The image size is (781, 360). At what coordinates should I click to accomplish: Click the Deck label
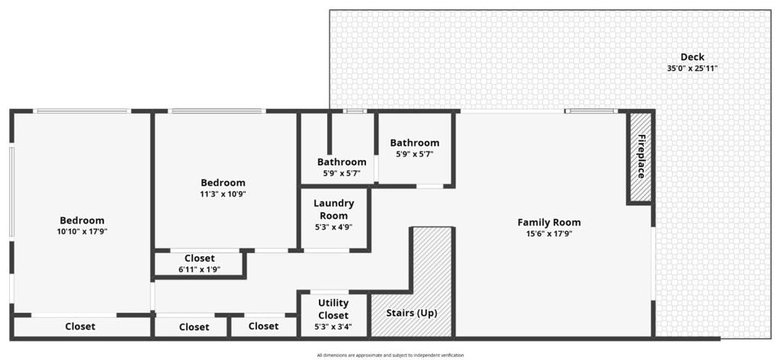click(x=692, y=57)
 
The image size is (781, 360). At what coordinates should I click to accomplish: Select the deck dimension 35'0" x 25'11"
click(x=692, y=68)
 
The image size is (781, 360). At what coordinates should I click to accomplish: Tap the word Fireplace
click(x=641, y=156)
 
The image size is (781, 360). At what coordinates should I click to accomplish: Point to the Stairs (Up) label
click(x=413, y=313)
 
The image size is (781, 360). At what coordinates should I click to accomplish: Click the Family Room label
click(x=548, y=223)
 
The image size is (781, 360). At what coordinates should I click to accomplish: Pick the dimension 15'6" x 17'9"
click(x=548, y=234)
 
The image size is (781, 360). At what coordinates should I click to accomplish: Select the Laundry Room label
click(x=334, y=209)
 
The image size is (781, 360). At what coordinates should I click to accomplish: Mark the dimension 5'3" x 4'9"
click(x=334, y=227)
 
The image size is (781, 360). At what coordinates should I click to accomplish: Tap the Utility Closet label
click(x=333, y=309)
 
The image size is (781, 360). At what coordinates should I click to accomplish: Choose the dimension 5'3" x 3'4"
click(x=333, y=328)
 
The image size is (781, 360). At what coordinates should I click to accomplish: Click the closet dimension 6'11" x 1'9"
click(x=199, y=269)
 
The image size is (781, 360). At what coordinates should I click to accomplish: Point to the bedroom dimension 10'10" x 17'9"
click(x=82, y=232)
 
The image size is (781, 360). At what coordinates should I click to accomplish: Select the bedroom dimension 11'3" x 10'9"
click(x=223, y=194)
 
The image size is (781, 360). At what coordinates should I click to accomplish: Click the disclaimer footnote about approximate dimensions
click(x=390, y=355)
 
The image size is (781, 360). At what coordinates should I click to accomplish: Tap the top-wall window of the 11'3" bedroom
click(x=217, y=111)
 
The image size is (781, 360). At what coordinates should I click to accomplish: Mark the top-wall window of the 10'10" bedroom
click(x=82, y=111)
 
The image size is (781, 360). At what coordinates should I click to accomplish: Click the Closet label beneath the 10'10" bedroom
click(x=80, y=326)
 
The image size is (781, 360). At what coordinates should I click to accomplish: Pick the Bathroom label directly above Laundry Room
click(x=342, y=162)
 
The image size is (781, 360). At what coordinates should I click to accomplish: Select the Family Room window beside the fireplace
click(x=592, y=111)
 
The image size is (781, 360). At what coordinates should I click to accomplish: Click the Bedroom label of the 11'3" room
click(x=223, y=182)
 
